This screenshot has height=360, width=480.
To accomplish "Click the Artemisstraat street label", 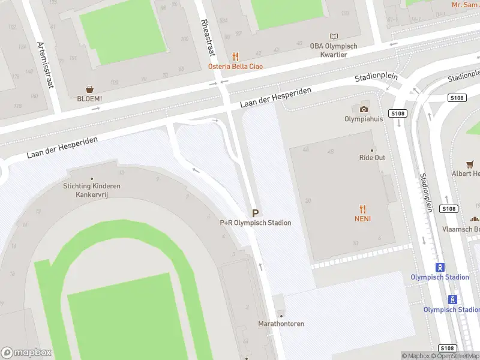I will coord(45,65).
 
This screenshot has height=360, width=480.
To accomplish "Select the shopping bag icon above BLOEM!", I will coord(89,89).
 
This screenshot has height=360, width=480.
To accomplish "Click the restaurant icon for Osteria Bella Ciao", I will coord(235,56).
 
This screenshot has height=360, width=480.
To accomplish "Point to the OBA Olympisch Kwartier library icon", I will coord(334,36).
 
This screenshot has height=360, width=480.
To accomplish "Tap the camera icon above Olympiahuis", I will coord(364,109).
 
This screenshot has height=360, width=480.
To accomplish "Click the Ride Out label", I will coord(372,158).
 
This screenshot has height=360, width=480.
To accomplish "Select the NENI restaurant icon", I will coord(362,209).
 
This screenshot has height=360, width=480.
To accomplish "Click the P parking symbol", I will coord(256,213).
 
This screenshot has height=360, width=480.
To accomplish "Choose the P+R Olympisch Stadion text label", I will coord(256,223).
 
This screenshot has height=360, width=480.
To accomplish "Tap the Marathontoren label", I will coord(281,324).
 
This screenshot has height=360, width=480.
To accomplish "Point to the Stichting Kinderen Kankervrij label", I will coord(92,190).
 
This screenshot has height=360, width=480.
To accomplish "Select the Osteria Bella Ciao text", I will coord(235,67).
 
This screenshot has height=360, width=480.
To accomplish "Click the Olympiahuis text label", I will coord(364,119).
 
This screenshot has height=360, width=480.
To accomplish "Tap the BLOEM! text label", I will coord(89,99).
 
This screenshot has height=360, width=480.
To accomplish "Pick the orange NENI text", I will coord(362,219).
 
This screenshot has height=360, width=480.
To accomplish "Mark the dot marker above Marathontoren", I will coord(281,316).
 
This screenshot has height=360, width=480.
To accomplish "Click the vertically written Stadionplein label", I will coord(426,192).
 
